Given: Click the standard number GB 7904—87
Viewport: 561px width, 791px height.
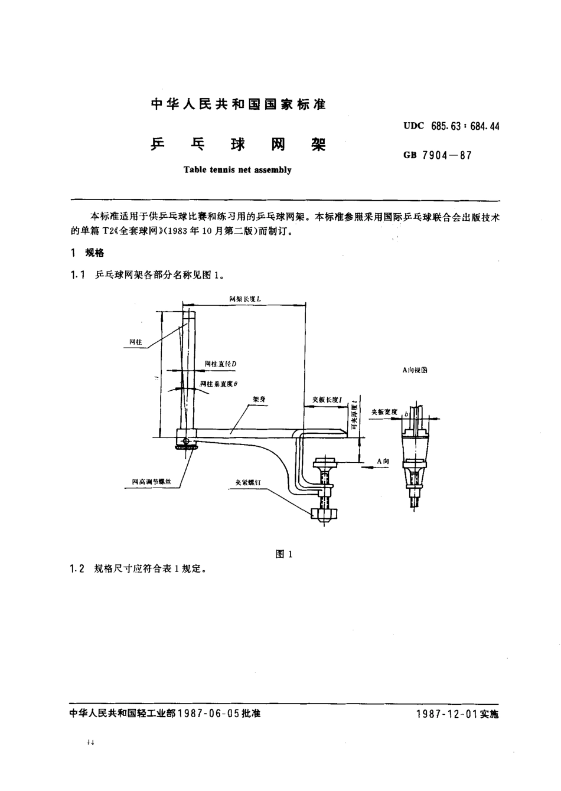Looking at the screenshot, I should tap(437, 156).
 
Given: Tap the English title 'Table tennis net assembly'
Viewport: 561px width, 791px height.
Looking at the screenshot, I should tap(237, 170).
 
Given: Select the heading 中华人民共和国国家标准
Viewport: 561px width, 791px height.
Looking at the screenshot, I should tap(238, 105).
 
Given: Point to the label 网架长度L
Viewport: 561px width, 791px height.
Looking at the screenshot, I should tap(245, 300).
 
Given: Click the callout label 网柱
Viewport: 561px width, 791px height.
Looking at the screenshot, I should tap(136, 342).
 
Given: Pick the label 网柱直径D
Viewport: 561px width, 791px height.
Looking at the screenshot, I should tap(220, 364).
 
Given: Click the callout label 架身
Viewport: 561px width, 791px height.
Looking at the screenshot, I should tap(259, 400).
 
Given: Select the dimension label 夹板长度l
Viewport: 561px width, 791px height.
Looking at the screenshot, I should tap(328, 400).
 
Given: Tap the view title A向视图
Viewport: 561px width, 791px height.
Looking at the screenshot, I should tap(414, 370).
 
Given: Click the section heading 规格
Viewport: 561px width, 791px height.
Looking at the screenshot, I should tap(94, 253).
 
